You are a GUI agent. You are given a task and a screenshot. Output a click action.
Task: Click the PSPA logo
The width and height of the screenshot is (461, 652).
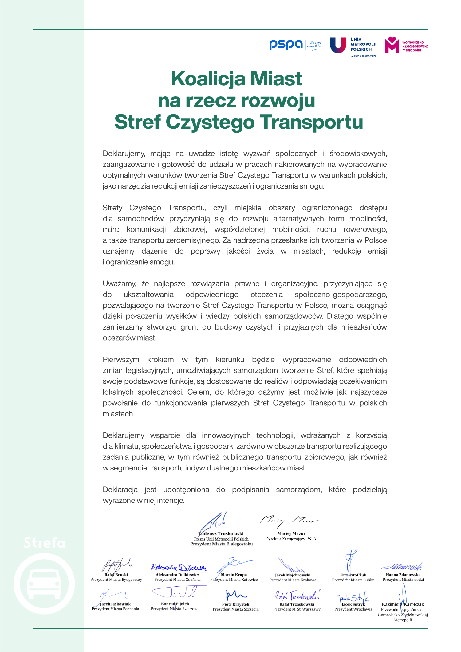(286, 45)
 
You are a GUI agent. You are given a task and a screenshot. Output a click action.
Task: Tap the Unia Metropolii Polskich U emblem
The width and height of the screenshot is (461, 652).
(338, 45)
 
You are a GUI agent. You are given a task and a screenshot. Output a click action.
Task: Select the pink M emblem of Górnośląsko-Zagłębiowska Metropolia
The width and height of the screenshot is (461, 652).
(392, 45)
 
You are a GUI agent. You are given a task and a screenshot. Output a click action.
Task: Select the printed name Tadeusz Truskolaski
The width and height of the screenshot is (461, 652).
(221, 533)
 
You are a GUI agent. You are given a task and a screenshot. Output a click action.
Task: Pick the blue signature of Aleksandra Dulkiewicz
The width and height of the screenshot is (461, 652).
(179, 567)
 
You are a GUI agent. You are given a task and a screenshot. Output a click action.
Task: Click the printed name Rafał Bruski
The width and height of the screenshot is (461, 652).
(116, 574)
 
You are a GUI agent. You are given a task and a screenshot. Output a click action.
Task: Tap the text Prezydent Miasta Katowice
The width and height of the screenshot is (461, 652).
(234, 580)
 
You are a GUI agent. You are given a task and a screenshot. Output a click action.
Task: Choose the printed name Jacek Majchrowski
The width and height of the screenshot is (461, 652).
(293, 575)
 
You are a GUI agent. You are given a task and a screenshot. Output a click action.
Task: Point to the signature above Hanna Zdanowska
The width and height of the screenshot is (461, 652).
(402, 567)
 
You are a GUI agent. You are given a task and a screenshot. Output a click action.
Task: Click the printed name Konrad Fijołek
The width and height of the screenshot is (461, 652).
(175, 604)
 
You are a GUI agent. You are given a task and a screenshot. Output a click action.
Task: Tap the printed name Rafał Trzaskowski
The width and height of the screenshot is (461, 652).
(297, 604)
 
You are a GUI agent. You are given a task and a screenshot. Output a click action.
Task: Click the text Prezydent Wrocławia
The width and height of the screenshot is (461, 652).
(353, 609)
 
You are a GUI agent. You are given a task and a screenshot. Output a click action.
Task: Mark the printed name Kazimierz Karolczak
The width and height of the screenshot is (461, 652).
(403, 604)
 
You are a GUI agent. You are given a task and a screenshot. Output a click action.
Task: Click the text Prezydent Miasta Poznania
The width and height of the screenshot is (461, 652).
(115, 609)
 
